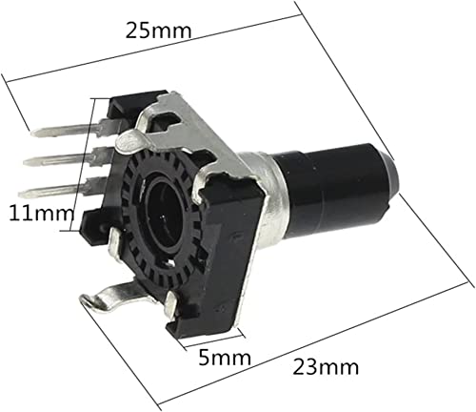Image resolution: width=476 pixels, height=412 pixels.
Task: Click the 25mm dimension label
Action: click(x=159, y=31)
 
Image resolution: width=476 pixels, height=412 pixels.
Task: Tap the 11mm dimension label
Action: click(x=42, y=214)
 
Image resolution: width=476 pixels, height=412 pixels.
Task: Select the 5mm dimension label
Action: click(x=225, y=358)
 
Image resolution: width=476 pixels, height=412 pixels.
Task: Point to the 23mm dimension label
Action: click(x=326, y=367)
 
